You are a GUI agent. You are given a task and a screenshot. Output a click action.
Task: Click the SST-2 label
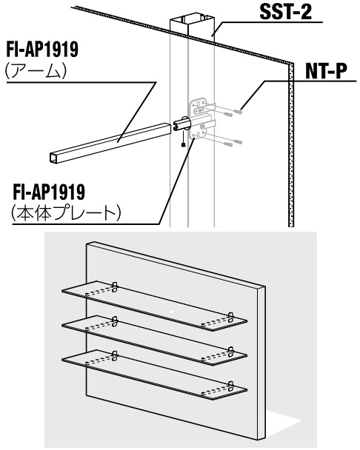point(286,12)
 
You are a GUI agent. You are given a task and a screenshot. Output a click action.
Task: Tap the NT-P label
point(326,71)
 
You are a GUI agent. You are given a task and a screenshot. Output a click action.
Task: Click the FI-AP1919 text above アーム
point(42,50)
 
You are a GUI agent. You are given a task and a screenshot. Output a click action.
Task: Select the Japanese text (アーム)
point(36,71)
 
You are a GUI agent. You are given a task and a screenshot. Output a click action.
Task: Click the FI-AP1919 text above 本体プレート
point(49,192)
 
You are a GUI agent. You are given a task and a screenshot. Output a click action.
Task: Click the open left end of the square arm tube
point(54,158)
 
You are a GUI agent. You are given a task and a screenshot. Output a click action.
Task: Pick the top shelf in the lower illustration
point(154,306)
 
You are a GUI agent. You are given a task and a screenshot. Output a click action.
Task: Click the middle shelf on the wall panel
point(154,340)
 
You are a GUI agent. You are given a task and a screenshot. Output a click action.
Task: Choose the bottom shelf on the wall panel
point(154,375)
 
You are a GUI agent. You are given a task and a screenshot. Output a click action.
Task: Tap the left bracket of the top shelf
point(115,286)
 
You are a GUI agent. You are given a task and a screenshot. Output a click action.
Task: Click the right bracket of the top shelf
point(230,316)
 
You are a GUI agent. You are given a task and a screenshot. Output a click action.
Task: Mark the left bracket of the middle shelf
point(115,321)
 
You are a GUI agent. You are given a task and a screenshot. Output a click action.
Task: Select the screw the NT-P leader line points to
point(239,111)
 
